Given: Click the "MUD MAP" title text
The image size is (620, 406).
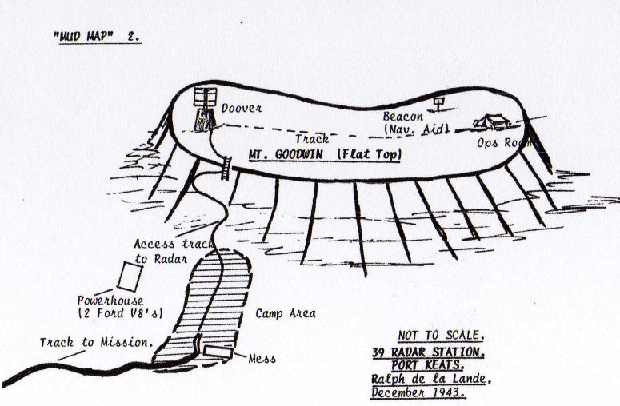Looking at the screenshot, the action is click(83, 36).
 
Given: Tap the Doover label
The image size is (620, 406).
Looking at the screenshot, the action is click(241, 108).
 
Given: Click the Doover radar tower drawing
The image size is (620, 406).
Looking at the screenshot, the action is click(206, 109).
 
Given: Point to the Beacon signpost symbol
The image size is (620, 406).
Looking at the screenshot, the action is click(438, 103).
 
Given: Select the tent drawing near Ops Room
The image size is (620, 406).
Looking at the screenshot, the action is click(492, 122).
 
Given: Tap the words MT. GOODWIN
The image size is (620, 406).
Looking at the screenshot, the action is click(286, 154).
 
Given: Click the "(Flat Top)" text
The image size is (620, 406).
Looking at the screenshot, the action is click(370, 154).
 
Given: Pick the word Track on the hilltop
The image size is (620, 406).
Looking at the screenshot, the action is click(312, 138).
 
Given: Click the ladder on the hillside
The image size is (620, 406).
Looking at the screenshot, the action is click(226, 169).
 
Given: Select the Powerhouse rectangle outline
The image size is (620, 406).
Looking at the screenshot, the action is click(130, 277).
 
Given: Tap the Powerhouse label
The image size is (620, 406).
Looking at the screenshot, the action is click(110, 301).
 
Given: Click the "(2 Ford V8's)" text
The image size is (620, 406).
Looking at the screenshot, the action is click(121, 313).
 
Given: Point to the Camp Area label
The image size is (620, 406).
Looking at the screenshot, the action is click(286, 313).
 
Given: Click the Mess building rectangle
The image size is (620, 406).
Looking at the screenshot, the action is click(218, 352).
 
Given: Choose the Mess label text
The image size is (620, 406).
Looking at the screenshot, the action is click(262, 359).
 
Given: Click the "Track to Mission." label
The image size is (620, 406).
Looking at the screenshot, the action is click(96, 342).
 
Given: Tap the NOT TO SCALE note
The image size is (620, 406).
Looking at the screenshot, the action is click(441, 336).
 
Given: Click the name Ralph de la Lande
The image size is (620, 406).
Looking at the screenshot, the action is click(430, 379).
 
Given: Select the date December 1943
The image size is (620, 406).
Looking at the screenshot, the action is click(418, 392).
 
